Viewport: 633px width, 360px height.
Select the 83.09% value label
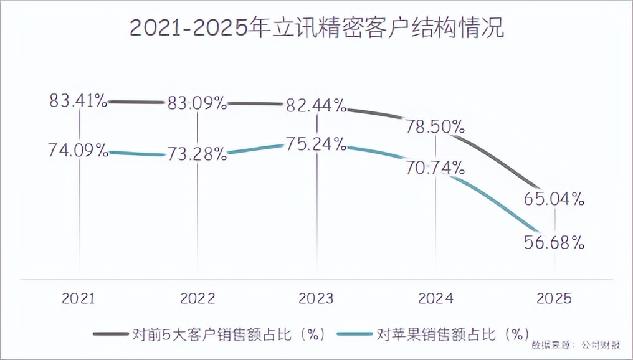(197, 103)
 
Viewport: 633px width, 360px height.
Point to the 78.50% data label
(435, 126)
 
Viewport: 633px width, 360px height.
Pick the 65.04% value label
(554, 199)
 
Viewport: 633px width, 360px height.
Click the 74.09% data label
(79, 150)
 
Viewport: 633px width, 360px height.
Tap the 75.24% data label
(316, 144)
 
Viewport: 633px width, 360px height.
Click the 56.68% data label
(554, 242)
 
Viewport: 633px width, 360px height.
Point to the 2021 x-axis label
(79, 299)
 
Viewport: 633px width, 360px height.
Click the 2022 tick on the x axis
(197, 299)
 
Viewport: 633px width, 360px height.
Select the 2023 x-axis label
(316, 299)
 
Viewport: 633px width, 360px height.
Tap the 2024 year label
(435, 299)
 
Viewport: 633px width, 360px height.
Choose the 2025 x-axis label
(554, 299)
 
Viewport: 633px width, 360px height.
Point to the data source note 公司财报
(601, 344)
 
